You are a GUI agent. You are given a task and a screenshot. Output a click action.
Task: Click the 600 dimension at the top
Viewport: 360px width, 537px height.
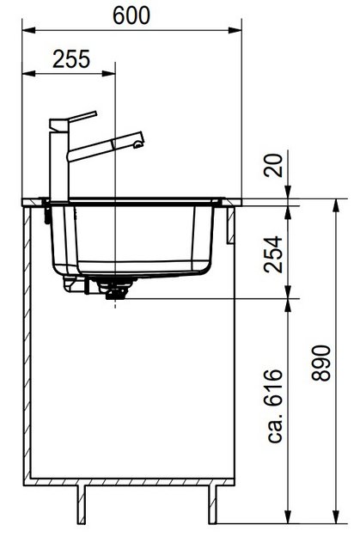(x=131, y=15)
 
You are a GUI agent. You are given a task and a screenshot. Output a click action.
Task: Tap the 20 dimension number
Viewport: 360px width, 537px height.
(x=273, y=166)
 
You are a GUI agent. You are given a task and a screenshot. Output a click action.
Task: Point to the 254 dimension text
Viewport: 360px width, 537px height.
(x=273, y=253)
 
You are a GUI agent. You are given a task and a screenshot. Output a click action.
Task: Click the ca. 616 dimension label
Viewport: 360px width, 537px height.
(x=274, y=406)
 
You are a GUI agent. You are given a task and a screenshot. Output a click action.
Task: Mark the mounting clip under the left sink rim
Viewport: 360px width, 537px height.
(x=45, y=210)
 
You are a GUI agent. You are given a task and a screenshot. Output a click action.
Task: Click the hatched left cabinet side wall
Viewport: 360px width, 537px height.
(x=28, y=344)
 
